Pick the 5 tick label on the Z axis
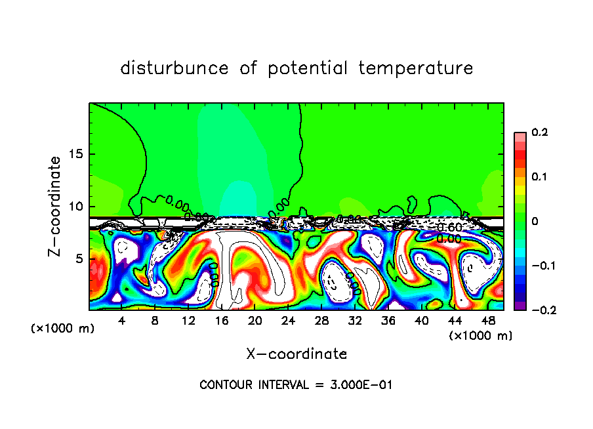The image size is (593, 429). (79, 258)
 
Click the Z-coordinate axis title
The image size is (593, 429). (57, 206)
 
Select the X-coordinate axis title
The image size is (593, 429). (296, 354)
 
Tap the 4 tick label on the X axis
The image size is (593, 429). (122, 321)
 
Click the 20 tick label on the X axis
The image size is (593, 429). (255, 321)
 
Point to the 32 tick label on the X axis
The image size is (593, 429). (355, 321)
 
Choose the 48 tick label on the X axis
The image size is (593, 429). (488, 321)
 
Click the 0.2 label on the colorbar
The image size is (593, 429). (539, 133)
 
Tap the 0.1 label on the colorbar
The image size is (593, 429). (539, 177)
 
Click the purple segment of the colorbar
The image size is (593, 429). (520, 305)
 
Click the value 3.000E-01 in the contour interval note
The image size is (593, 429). (361, 385)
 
